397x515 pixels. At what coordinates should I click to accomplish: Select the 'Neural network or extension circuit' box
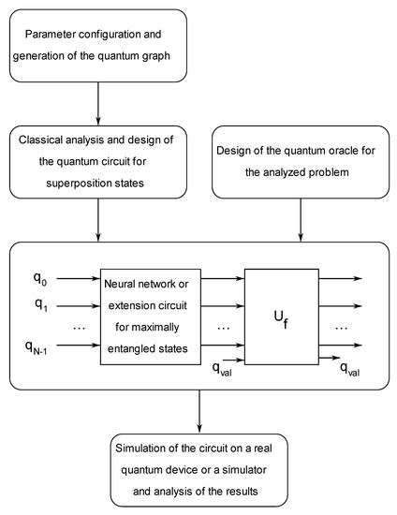157,316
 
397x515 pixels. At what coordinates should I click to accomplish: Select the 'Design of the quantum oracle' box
300,161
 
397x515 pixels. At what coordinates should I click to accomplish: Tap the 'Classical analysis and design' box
99,161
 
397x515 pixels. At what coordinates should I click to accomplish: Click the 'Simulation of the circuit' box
199,466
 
